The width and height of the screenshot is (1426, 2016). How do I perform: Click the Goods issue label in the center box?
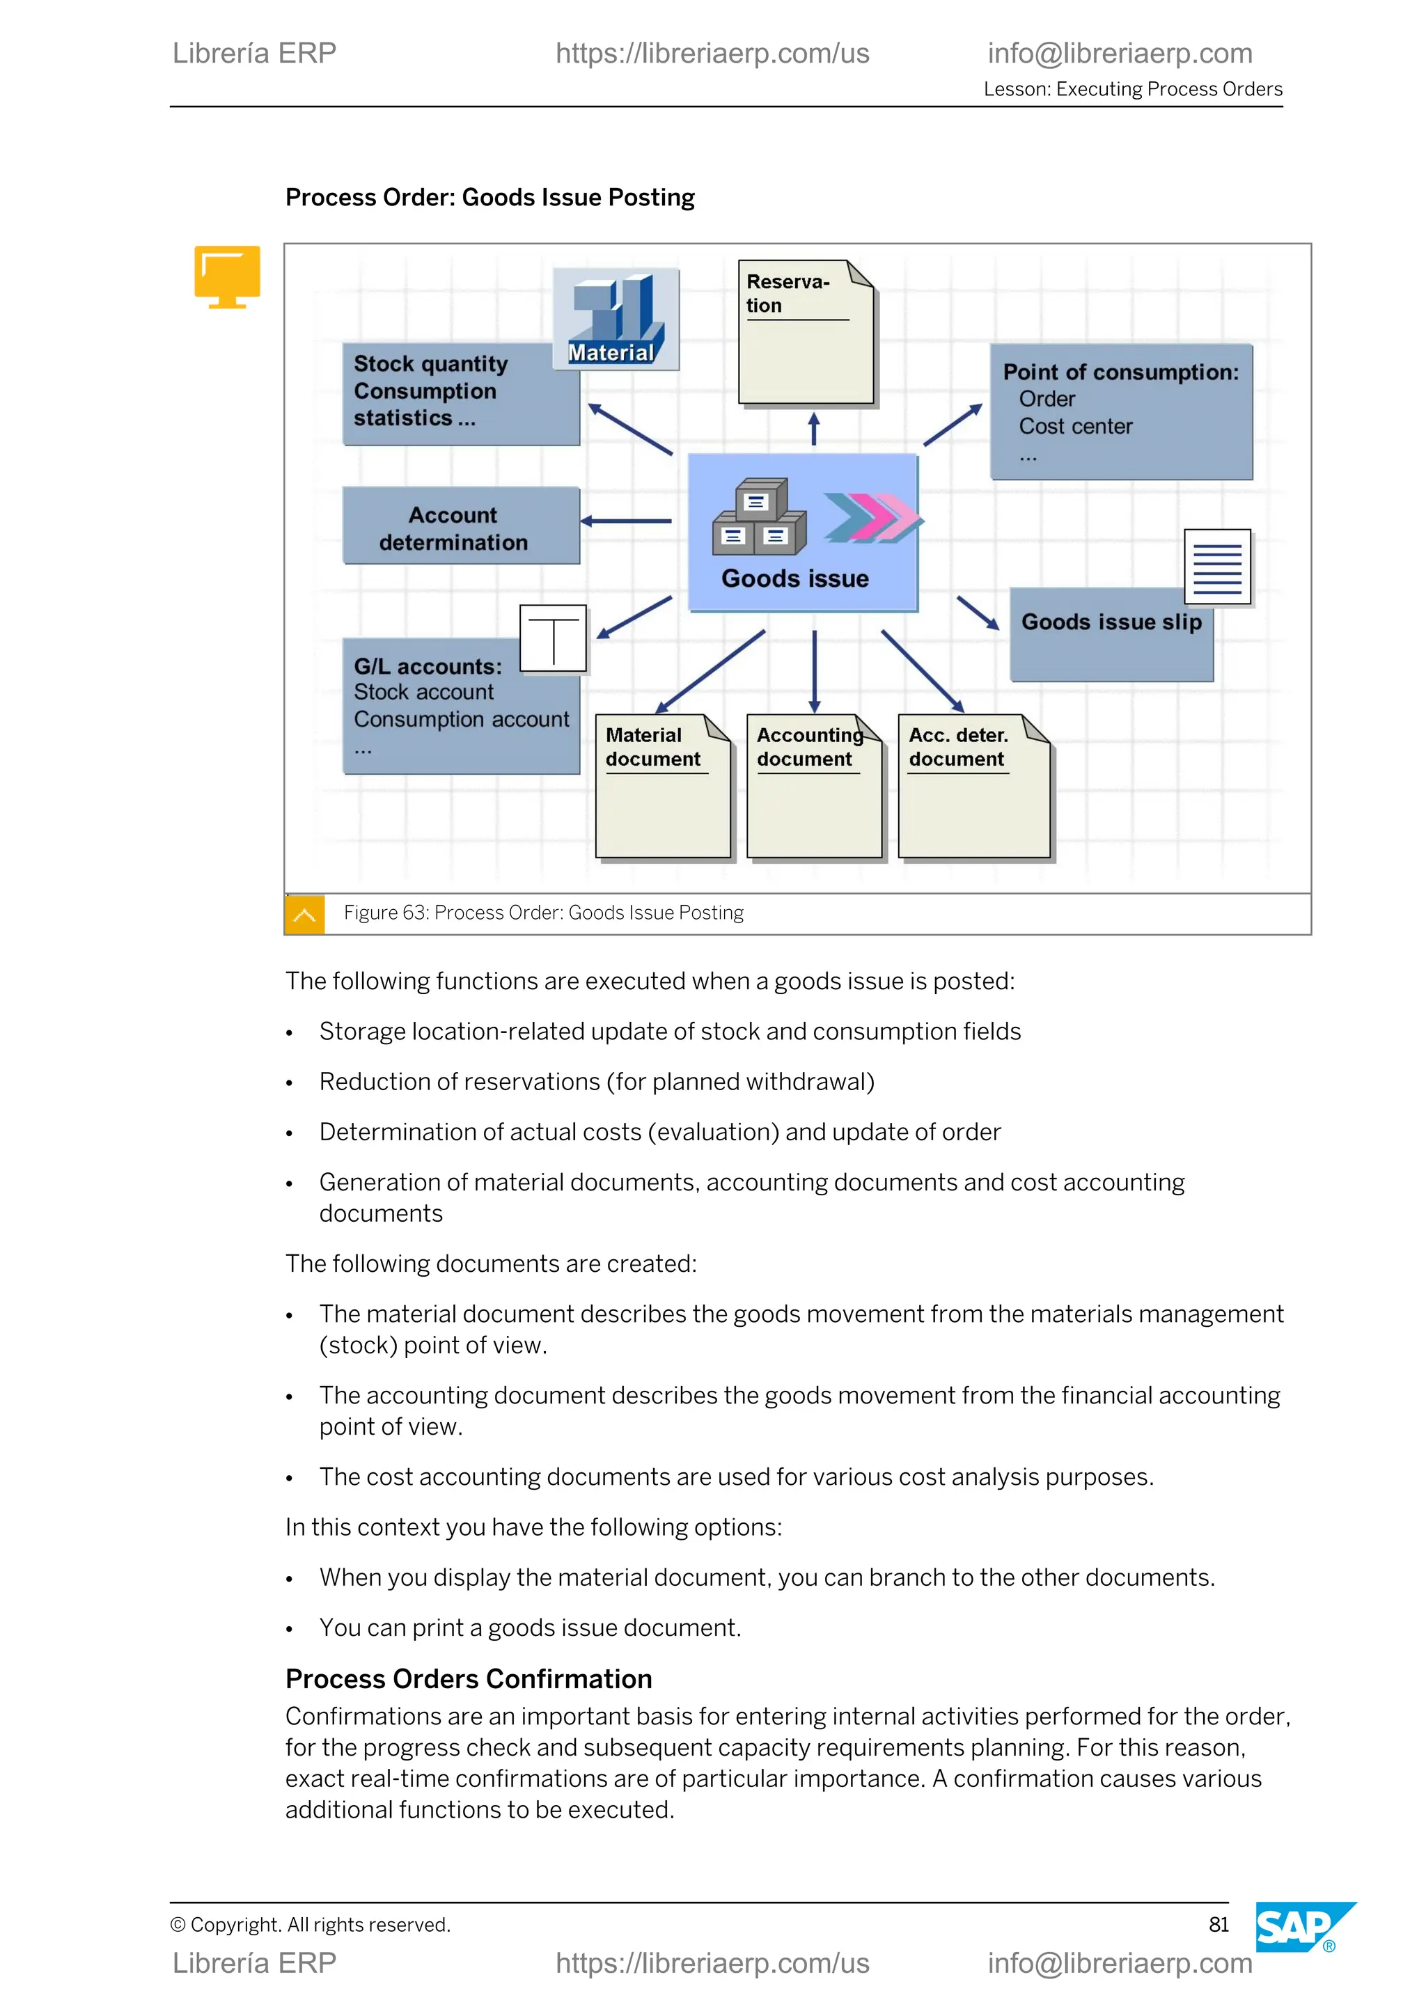[794, 578]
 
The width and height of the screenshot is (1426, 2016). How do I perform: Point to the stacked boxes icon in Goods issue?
[759, 518]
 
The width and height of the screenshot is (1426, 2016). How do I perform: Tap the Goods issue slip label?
[1111, 622]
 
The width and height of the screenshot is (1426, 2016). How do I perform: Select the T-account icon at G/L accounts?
[553, 639]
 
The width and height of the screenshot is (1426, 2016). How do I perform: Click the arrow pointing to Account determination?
[626, 521]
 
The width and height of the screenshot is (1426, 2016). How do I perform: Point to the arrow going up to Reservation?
[814, 430]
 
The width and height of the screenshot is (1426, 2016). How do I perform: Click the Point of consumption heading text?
[1120, 372]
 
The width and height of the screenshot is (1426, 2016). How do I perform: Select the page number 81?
[1218, 1924]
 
